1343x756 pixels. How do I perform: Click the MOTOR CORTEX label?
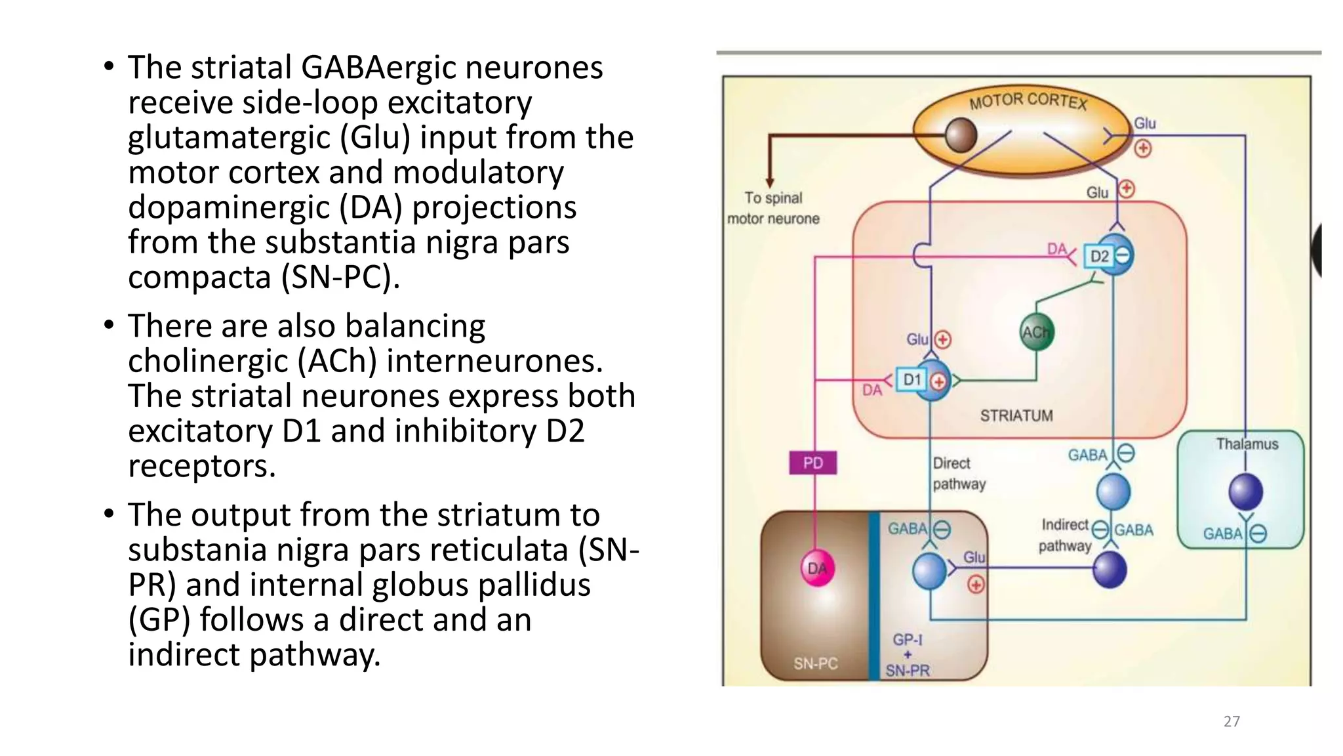coord(1028,100)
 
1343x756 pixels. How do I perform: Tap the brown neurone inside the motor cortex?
coord(961,135)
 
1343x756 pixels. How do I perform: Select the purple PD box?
coord(812,463)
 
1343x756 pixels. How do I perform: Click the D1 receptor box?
coord(912,380)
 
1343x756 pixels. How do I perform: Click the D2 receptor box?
coord(1099,256)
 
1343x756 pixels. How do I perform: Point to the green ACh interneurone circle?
coord(1036,333)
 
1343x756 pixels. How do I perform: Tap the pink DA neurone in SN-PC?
coord(816,568)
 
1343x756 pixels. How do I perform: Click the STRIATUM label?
coord(1016,415)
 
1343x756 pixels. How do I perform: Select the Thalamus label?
coord(1247,444)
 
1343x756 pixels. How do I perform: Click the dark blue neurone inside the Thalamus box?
coord(1245,492)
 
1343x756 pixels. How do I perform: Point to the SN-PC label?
coord(815,663)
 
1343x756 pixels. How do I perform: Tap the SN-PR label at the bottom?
coord(907,671)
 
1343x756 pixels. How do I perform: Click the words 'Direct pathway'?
coord(958,473)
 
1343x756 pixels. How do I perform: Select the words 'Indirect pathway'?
coord(1064,535)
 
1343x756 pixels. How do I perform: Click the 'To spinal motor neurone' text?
coord(773,208)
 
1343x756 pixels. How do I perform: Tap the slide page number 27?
coord(1232,721)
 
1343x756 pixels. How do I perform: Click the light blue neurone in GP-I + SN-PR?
coord(929,571)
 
